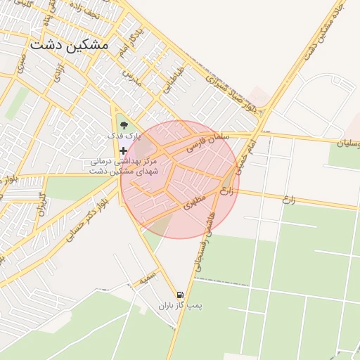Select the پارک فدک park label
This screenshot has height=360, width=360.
coord(124,134)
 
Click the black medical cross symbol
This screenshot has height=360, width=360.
coord(124,150)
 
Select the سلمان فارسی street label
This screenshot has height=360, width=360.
coord(210,143)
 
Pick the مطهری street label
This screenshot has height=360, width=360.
coord(197,202)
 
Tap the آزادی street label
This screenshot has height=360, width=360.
coord(58,72)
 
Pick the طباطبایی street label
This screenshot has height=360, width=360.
coord(169,82)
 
